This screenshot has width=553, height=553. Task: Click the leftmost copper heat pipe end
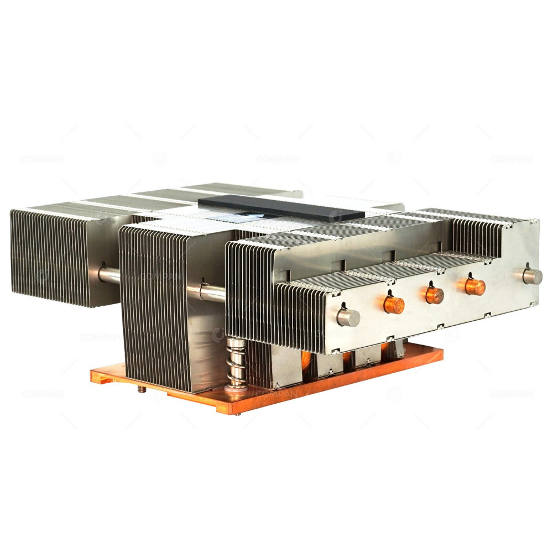[394, 305]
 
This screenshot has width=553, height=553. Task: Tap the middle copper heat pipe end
[435, 295]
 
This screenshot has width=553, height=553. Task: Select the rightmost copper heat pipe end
[474, 286]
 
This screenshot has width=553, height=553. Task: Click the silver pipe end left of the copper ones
[348, 317]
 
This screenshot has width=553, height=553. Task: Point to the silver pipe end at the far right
[532, 276]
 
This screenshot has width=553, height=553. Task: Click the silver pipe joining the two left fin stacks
[109, 275]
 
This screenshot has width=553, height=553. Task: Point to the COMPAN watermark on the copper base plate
[276, 393]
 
